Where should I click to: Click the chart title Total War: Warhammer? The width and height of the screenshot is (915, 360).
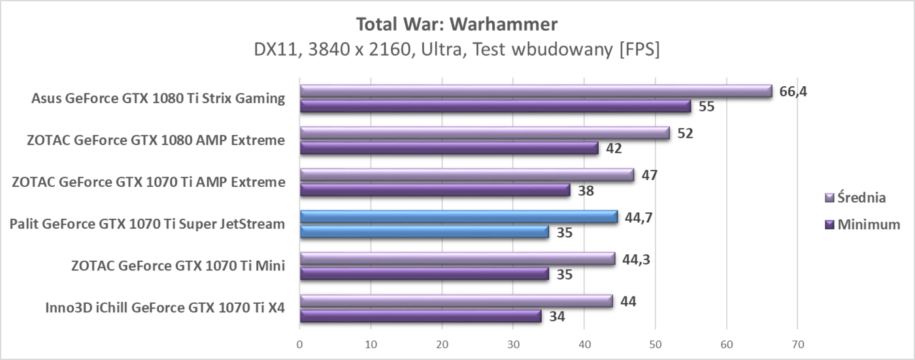coord(457,25)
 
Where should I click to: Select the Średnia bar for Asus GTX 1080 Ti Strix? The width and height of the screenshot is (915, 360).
coord(536,91)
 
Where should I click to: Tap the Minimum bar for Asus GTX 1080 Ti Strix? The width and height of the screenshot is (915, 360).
coord(495,106)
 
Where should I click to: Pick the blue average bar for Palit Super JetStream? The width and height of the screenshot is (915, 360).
coord(459,217)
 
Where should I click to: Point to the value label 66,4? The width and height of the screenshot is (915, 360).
coord(793,91)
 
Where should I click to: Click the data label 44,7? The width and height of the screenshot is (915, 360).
coord(639,217)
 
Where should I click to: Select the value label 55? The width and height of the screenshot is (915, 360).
coord(707,106)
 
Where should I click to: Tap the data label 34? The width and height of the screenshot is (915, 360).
coord(557,317)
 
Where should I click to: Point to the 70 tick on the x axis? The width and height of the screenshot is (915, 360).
coord(797,344)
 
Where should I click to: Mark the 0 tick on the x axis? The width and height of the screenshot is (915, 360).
coord(300,344)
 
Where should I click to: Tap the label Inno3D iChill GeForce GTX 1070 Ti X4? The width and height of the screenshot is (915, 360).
coord(165,307)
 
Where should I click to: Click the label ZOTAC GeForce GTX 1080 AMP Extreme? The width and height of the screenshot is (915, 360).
coord(156,140)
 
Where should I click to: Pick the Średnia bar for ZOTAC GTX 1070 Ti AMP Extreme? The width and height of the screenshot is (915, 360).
coord(467,175)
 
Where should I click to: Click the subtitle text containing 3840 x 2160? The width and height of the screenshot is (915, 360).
coord(457,50)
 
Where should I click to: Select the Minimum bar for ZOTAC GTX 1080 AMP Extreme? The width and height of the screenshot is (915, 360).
coord(449,148)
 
